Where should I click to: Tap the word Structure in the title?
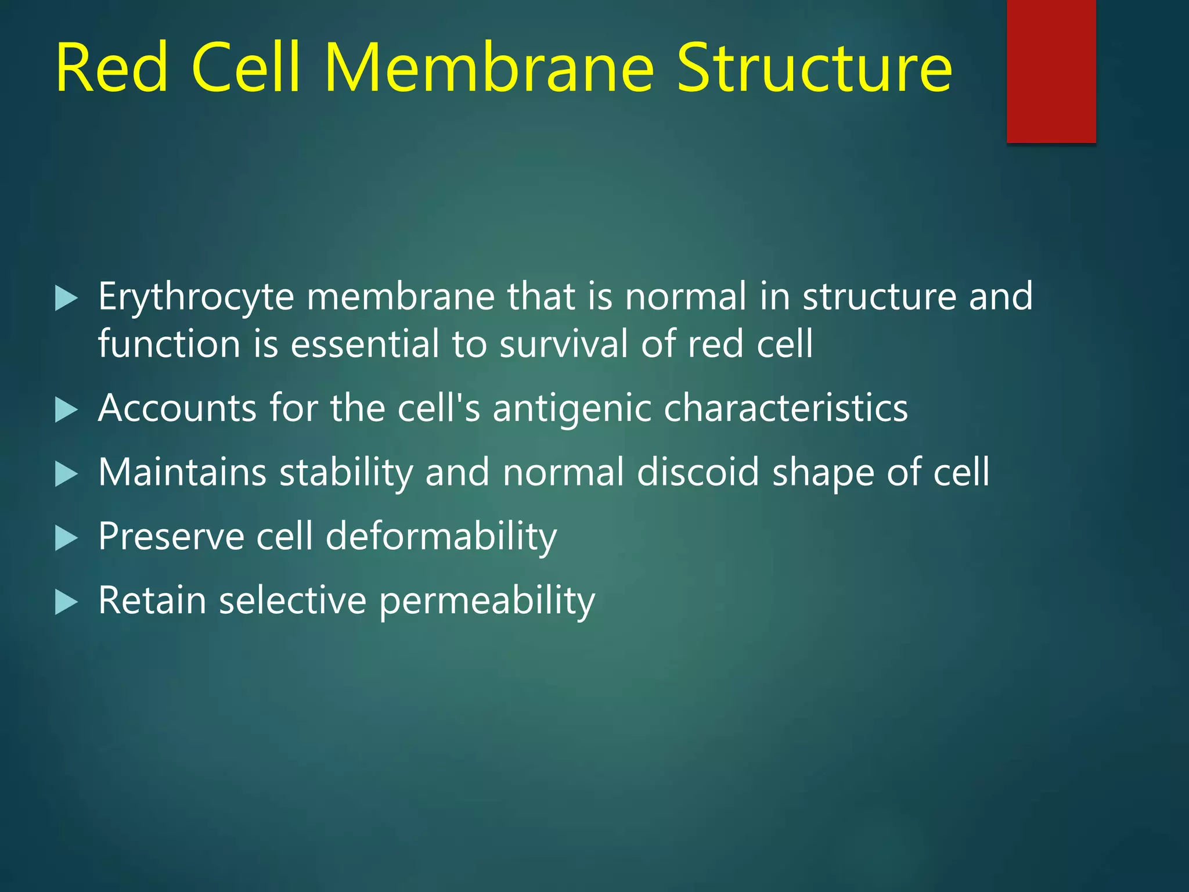coord(814,69)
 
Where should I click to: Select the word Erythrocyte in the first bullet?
coord(196,297)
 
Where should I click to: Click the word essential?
coord(365,344)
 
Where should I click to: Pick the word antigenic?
coord(572,409)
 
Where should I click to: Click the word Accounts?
coord(177,408)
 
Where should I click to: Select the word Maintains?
coord(182,472)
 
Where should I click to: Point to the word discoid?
coord(697,472)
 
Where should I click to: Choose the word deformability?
coord(441,537)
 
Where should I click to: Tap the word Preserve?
coord(171,536)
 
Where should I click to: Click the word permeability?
coord(487,601)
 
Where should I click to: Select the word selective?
coord(293,600)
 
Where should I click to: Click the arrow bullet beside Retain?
coord(66,602)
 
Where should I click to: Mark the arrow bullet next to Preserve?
coord(66,538)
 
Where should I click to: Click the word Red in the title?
coord(111,69)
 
